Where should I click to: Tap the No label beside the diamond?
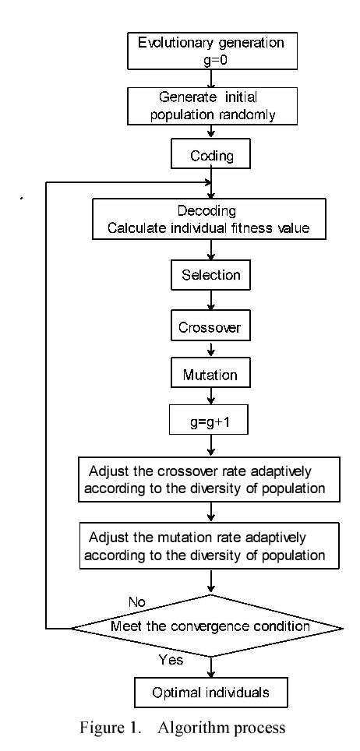point(138,602)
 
